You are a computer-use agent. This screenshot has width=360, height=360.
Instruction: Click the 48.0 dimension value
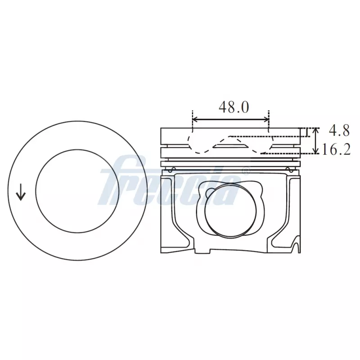click(234, 107)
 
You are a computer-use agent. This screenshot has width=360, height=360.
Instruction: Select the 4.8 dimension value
click(339, 130)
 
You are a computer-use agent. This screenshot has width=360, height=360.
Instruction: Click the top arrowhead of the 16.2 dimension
click(316, 130)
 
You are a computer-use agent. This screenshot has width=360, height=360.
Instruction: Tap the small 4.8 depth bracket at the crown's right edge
click(307, 132)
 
